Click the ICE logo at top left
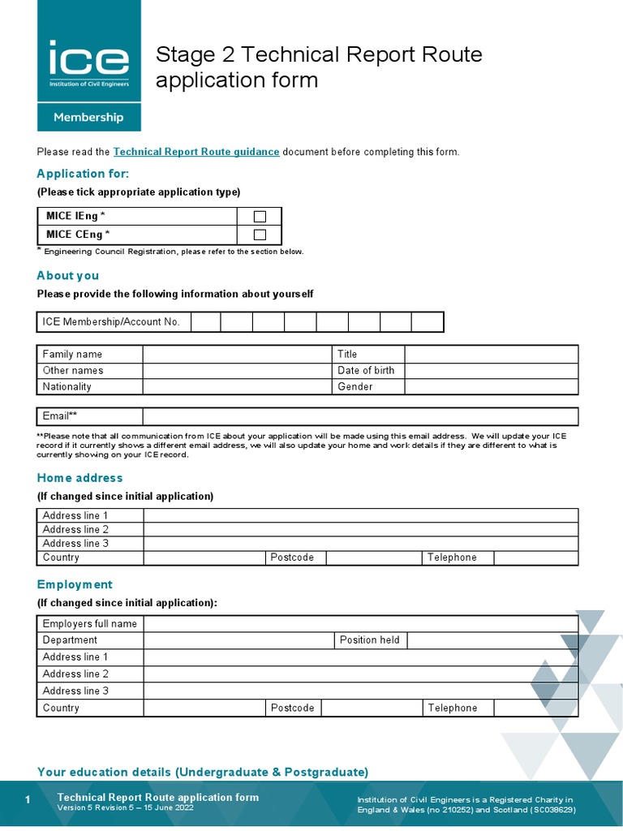(88, 62)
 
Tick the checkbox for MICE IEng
(260, 216)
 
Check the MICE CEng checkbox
(260, 235)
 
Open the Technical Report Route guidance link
(196, 152)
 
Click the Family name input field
(238, 354)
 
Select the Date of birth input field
(491, 370)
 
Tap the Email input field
(360, 416)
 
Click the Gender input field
(491, 386)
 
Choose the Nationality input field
(238, 386)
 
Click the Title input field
(491, 354)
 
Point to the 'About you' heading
(68, 275)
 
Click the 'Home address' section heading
(79, 478)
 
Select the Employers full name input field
(360, 623)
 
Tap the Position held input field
(492, 640)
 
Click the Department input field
(238, 640)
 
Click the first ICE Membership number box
(206, 322)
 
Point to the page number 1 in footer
(28, 801)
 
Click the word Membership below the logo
(88, 117)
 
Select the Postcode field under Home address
(372, 558)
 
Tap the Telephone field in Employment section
(535, 708)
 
